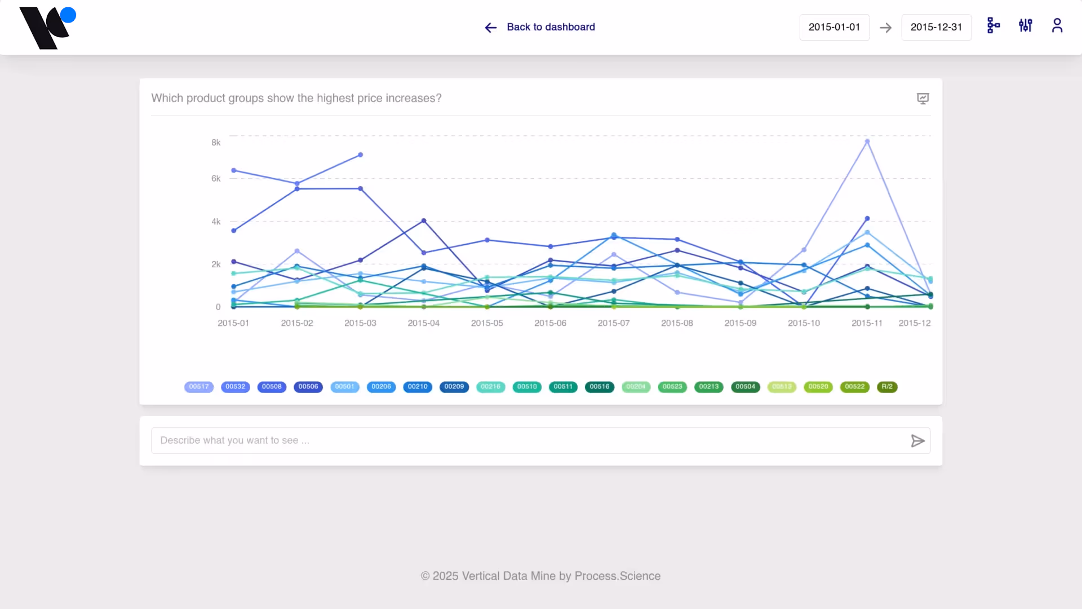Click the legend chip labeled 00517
click(199, 387)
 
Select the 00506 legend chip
click(308, 387)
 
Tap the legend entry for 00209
click(454, 387)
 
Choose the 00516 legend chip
click(600, 387)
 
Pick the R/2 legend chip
click(887, 387)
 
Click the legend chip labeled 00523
click(672, 387)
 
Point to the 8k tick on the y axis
click(216, 143)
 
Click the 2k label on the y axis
click(216, 264)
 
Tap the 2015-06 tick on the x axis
click(550, 323)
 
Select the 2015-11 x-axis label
click(867, 323)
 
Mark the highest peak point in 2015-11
click(867, 142)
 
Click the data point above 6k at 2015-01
click(234, 170)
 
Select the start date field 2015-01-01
click(834, 27)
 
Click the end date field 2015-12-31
click(936, 27)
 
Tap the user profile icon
click(1057, 26)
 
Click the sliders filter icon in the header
click(1025, 25)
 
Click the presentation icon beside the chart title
click(923, 99)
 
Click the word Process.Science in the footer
click(618, 576)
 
